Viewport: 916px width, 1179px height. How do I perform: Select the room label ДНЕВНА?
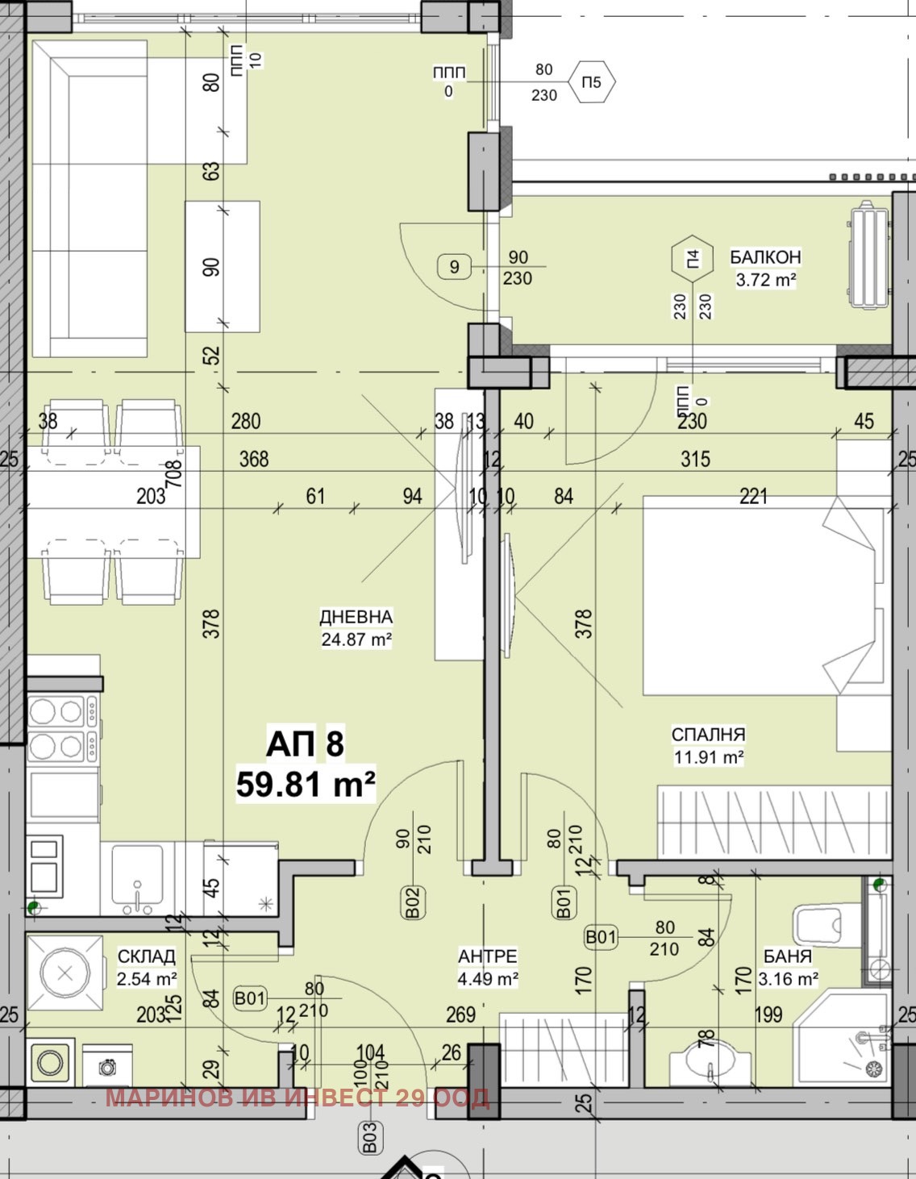point(356,617)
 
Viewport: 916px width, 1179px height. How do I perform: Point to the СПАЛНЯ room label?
point(708,734)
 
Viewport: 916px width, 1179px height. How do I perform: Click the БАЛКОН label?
point(765,256)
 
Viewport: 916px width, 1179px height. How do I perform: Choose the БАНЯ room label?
point(788,971)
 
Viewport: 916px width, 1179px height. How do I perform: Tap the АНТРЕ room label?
point(488,971)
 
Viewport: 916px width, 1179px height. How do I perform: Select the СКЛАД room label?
point(147,971)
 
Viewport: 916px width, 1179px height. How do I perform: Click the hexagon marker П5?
point(592,82)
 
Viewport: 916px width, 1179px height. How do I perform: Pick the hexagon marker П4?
point(692,259)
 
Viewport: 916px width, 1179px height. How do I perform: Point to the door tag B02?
point(413,903)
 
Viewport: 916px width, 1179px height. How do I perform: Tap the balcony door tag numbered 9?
point(455,266)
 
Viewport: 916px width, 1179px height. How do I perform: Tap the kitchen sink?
point(138,879)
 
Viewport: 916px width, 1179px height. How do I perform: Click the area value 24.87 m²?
point(356,639)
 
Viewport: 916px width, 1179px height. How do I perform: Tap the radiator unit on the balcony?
point(868,255)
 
